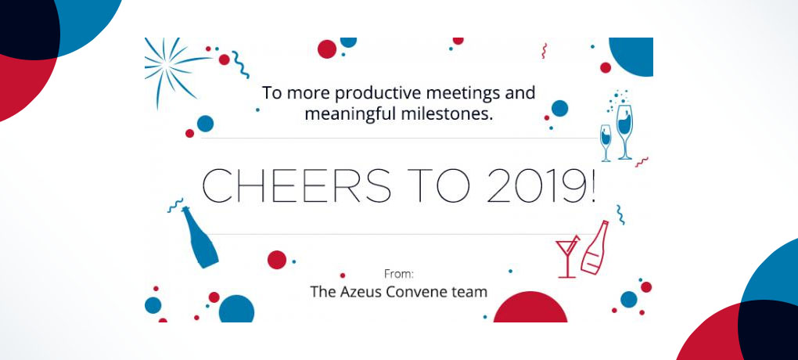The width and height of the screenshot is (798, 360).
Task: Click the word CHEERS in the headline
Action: click(x=297, y=185)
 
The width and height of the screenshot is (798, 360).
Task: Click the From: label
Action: click(x=398, y=274)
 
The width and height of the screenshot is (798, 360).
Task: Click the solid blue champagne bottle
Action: click(x=199, y=236)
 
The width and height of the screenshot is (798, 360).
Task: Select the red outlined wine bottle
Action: click(x=595, y=247)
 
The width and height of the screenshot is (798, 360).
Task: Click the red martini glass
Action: click(x=567, y=256)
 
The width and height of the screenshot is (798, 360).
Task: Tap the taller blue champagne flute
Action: click(x=624, y=132)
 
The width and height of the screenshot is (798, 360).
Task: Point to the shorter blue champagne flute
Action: click(x=606, y=143)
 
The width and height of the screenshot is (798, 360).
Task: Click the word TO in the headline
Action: click(x=438, y=185)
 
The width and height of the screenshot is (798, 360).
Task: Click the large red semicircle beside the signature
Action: click(x=530, y=307)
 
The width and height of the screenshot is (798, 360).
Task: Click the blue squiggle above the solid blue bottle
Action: click(x=175, y=205)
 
